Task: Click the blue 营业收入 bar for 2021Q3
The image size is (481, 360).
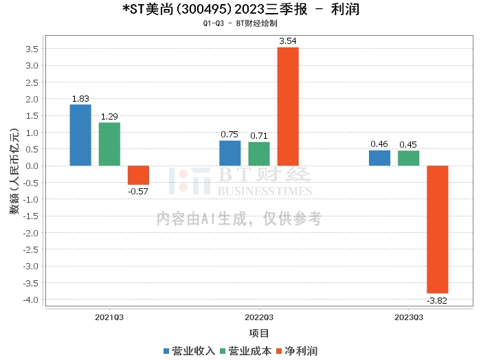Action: tap(80, 135)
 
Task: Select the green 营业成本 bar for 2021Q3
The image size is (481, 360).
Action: tap(109, 144)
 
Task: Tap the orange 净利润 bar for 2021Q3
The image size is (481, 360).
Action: tap(138, 175)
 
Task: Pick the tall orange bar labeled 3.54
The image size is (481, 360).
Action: tap(288, 106)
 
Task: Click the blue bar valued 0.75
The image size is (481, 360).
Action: tap(230, 153)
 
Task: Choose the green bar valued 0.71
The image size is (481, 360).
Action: tap(259, 154)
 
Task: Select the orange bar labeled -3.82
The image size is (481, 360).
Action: tap(438, 229)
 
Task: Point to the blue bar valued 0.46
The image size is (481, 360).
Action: tap(379, 158)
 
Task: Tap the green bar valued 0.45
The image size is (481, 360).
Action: tap(408, 158)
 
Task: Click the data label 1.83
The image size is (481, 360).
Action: tap(80, 99)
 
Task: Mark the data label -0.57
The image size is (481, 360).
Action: tap(138, 190)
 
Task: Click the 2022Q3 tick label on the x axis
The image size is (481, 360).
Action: tap(259, 317)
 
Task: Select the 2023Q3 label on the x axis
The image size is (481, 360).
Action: tap(408, 317)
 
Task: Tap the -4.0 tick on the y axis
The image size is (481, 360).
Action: tap(31, 300)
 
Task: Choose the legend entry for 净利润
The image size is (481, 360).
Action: tap(296, 350)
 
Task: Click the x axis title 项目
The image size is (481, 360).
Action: tap(259, 333)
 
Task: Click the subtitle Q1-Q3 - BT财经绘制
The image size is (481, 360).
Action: tap(240, 23)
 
